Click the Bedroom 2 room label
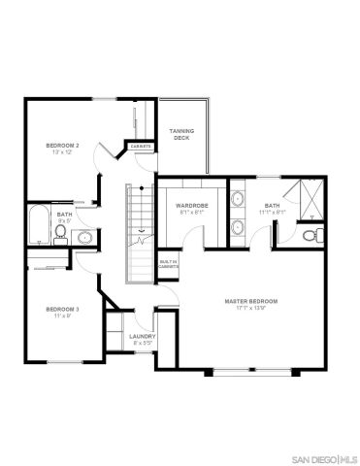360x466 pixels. [x=62, y=145]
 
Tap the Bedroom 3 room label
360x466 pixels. [x=62, y=309]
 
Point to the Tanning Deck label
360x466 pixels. [x=180, y=134]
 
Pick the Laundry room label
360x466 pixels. [x=141, y=336]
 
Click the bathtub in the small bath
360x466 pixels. [x=39, y=224]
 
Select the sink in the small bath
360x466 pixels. [x=85, y=236]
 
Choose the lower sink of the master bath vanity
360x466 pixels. [x=239, y=229]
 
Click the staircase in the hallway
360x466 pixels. [x=142, y=233]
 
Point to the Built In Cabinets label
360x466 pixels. [x=169, y=264]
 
